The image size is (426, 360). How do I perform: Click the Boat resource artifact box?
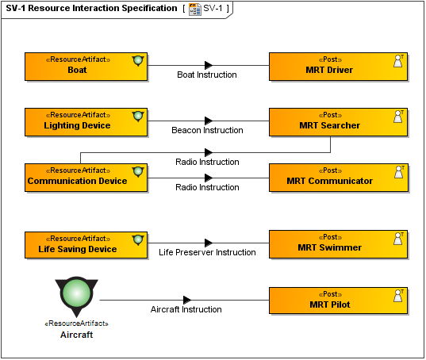pyautogui.click(x=86, y=67)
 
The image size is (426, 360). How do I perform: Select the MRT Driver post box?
pyautogui.click(x=338, y=67)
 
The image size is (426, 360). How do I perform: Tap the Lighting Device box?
pyautogui.click(x=86, y=122)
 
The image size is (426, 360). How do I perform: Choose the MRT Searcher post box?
pyautogui.click(x=338, y=122)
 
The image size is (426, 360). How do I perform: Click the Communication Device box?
pyautogui.click(x=86, y=178)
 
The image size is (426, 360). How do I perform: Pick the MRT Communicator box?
pyautogui.click(x=338, y=178)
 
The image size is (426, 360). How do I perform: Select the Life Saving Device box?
pyautogui.click(x=86, y=245)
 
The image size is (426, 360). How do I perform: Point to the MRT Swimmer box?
pyautogui.click(x=338, y=244)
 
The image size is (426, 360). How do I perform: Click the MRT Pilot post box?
pyautogui.click(x=338, y=301)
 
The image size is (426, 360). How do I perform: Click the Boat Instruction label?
pyautogui.click(x=207, y=75)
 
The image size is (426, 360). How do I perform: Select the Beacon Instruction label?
pyautogui.click(x=207, y=130)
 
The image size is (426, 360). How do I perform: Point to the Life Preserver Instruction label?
pyautogui.click(x=207, y=252)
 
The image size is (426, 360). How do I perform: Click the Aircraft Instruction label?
pyautogui.click(x=186, y=309)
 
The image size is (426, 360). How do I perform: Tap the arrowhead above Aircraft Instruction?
pyautogui.click(x=187, y=300)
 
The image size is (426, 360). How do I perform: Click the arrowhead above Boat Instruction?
pyautogui.click(x=209, y=65)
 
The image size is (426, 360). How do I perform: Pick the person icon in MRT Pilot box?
pyautogui.click(x=398, y=296)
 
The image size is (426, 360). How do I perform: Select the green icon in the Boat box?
pyautogui.click(x=138, y=60)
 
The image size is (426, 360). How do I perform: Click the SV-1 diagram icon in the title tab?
pyautogui.click(x=195, y=10)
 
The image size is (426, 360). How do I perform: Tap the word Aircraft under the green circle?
pyautogui.click(x=76, y=335)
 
